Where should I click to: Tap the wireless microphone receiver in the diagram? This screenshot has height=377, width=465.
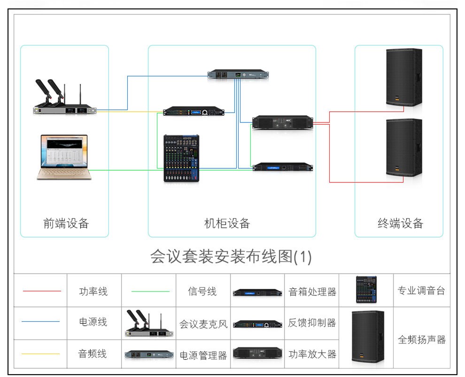[x=64, y=110]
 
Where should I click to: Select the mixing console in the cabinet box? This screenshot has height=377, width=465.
[x=181, y=158]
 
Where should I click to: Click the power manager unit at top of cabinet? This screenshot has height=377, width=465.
[x=238, y=74]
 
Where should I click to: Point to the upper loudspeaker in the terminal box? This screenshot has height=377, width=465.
[x=403, y=77]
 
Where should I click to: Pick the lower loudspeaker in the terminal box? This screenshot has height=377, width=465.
[x=403, y=148]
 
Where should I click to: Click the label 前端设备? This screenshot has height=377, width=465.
[x=66, y=223]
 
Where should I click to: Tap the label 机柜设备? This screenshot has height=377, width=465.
[x=227, y=223]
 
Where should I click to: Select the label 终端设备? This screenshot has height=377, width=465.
[x=401, y=223]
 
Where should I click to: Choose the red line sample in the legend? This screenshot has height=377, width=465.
[x=42, y=291]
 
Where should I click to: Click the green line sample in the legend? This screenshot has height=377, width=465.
[x=150, y=291]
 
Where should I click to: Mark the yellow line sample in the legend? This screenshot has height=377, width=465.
[x=41, y=354]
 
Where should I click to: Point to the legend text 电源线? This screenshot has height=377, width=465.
[x=93, y=322]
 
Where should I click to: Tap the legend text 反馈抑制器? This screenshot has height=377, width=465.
[x=312, y=323]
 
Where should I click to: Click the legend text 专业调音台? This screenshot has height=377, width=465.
[x=421, y=291]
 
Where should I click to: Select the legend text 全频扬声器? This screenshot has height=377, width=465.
[x=421, y=339]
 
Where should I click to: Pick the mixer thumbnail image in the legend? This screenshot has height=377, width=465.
[x=366, y=289]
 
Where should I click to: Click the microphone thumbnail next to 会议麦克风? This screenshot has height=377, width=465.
[x=148, y=323]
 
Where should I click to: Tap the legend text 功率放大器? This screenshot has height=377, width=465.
[x=312, y=354]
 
